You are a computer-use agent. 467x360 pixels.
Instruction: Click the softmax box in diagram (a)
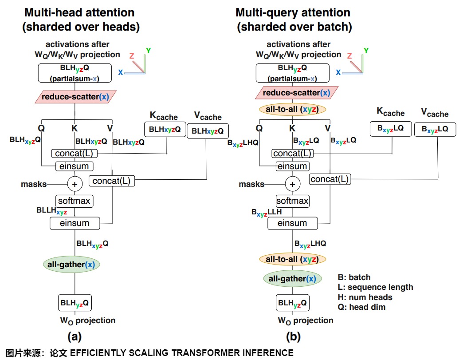pyautogui.click(x=74, y=201)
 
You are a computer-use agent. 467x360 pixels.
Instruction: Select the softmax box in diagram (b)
pyautogui.click(x=292, y=201)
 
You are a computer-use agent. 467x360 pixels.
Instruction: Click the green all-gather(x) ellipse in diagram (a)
pyautogui.click(x=71, y=265)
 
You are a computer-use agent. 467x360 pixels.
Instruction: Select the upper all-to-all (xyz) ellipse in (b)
pyautogui.click(x=292, y=109)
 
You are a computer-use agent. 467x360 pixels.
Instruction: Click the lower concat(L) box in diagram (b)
pyautogui.click(x=330, y=179)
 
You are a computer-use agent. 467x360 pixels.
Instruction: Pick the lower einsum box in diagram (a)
pyautogui.click(x=75, y=223)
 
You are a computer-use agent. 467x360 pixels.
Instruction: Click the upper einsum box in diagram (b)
pyautogui.click(x=292, y=166)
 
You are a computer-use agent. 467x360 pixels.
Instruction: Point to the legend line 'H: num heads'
pyautogui.click(x=365, y=297)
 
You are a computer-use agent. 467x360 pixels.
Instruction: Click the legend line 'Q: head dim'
pyautogui.click(x=361, y=307)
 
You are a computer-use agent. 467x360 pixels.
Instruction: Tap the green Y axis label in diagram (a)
pyautogui.click(x=148, y=51)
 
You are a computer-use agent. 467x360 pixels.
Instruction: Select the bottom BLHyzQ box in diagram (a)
pyautogui.click(x=75, y=304)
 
